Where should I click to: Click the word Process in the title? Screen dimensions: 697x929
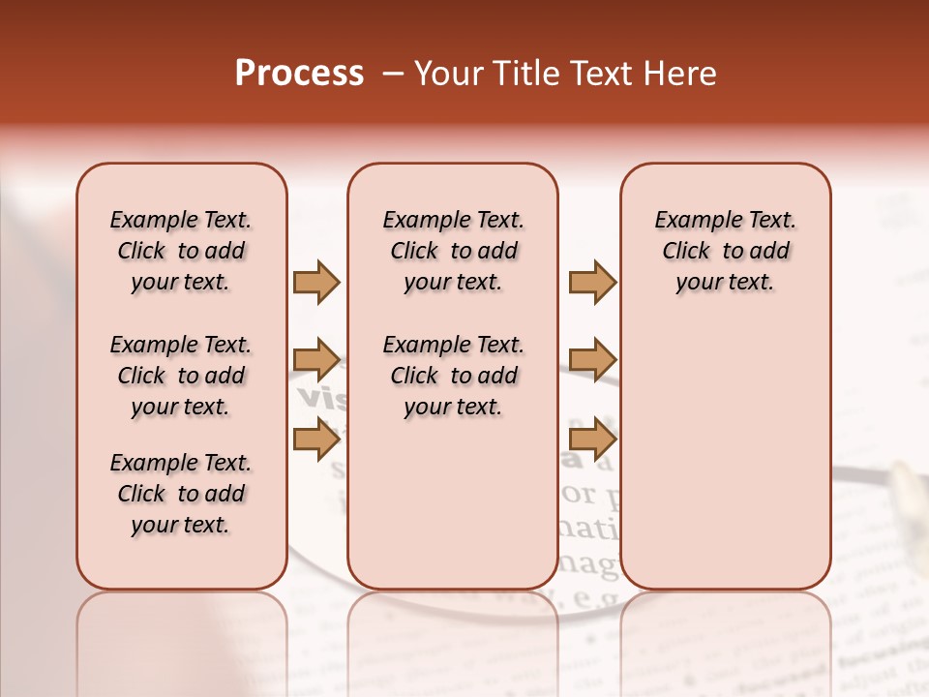click(x=299, y=74)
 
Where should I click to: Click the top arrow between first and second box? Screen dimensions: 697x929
click(x=316, y=282)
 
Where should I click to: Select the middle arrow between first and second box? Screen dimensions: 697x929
click(x=316, y=360)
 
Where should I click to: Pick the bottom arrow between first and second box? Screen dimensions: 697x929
click(x=316, y=439)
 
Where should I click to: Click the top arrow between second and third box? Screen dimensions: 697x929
click(x=592, y=282)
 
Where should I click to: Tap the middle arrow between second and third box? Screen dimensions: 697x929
click(x=592, y=360)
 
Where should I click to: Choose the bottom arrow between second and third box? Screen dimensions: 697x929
click(x=592, y=439)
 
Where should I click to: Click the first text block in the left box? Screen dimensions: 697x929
click(x=181, y=251)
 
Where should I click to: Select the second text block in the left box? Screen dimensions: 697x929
click(x=181, y=376)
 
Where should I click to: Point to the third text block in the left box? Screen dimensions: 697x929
click(x=181, y=494)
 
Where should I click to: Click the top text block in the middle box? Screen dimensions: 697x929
click(x=453, y=251)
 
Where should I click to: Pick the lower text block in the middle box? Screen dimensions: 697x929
click(x=453, y=376)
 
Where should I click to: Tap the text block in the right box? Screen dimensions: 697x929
click(x=725, y=251)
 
